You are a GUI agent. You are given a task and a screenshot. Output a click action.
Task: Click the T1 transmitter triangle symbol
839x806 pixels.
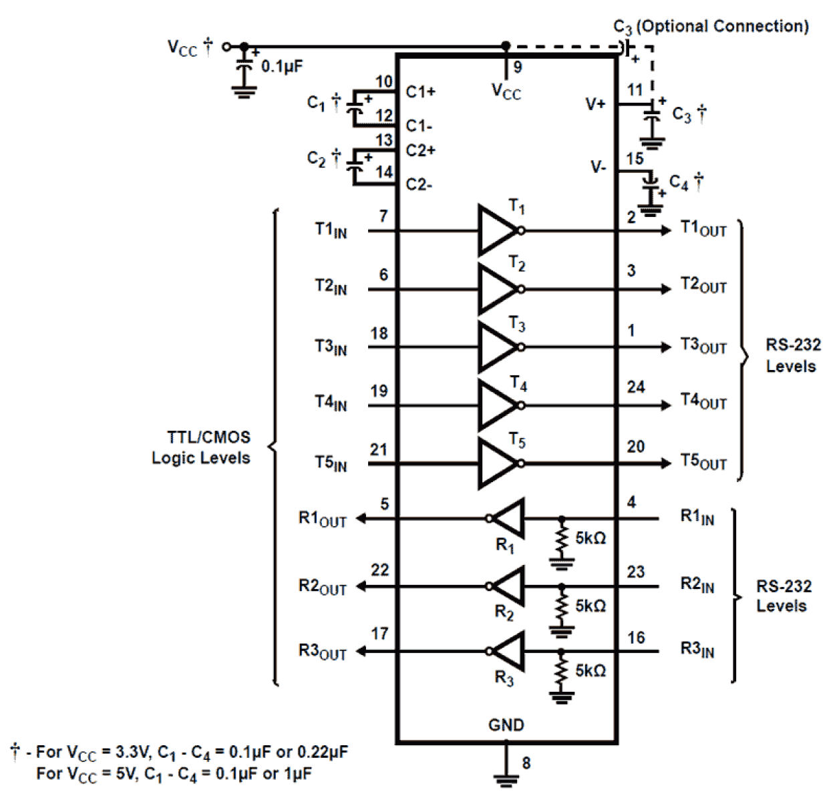pos(496,230)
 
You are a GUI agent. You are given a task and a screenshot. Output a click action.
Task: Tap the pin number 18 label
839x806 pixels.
pos(379,333)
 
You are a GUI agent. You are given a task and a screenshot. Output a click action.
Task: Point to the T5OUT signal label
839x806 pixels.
pos(703,461)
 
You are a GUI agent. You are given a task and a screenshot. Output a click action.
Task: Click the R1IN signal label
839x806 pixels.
pos(697,517)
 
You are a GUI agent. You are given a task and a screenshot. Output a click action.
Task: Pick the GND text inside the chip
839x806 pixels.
pos(506,725)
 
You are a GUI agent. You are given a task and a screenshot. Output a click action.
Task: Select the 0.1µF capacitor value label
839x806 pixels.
pos(282,67)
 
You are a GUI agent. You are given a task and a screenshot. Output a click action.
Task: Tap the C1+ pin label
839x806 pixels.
pos(420,91)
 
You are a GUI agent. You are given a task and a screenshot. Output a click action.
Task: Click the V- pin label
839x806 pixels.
pos(598,167)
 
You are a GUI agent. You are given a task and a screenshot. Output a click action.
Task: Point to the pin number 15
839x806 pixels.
pos(635,159)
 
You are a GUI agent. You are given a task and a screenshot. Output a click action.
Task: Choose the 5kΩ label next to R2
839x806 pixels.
pos(591,606)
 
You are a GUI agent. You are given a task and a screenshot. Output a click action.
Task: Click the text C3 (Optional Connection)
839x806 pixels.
pos(711,27)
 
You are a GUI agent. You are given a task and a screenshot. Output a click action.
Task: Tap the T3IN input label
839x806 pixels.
pos(331,347)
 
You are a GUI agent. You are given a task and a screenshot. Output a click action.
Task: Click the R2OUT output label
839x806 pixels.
pos(322,587)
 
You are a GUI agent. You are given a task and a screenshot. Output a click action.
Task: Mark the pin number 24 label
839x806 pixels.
pos(635,387)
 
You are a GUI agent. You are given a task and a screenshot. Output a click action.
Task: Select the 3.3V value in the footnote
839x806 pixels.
pos(133,752)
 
